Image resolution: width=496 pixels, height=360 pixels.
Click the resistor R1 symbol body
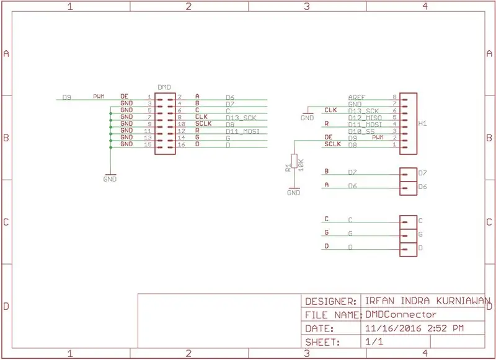(294, 161)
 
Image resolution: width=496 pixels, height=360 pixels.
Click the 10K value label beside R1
(301, 165)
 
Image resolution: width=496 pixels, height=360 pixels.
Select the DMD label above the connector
(164, 87)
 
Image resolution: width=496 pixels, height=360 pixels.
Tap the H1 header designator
(423, 123)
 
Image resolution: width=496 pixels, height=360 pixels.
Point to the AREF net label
(357, 97)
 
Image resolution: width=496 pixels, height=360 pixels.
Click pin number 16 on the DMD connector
(181, 145)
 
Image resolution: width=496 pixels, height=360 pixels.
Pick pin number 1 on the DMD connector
(149, 97)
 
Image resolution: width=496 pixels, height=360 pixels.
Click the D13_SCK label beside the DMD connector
(241, 118)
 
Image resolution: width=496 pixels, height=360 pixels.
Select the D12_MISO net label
(365, 118)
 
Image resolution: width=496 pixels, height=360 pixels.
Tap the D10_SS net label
(361, 131)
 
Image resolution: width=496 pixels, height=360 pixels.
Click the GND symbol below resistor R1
(294, 191)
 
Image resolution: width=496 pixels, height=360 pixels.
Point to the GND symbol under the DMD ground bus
(110, 178)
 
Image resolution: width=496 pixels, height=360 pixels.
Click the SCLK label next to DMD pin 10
(203, 123)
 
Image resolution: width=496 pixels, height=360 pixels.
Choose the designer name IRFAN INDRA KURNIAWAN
(428, 301)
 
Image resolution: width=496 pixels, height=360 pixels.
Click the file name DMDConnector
(401, 315)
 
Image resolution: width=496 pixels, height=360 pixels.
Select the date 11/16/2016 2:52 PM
(414, 328)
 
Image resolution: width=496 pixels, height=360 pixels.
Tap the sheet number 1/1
(374, 342)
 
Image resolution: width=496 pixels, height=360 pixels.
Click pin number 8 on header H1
(394, 97)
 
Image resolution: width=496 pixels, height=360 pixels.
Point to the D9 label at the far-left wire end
(67, 97)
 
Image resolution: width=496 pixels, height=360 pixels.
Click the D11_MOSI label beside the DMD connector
(242, 131)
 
